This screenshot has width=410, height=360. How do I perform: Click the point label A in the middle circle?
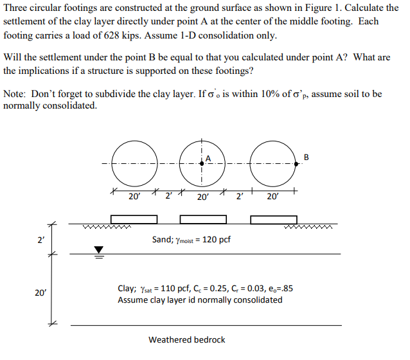click(x=208, y=159)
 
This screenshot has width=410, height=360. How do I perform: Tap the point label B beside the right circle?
click(x=306, y=156)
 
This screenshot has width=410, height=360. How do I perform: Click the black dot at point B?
click(x=296, y=164)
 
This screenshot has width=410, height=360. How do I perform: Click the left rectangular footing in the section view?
click(x=134, y=220)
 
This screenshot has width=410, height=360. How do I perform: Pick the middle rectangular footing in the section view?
click(x=203, y=220)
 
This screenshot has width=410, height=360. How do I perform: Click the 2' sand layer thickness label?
click(x=41, y=240)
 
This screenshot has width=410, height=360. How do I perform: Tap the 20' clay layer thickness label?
click(x=40, y=292)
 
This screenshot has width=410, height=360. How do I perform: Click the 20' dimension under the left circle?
click(x=134, y=197)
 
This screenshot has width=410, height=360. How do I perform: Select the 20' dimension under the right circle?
click(x=274, y=197)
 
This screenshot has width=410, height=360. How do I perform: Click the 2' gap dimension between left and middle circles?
click(x=169, y=197)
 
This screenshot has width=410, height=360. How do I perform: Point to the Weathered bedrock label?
click(x=187, y=339)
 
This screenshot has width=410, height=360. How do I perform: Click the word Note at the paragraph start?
click(x=14, y=94)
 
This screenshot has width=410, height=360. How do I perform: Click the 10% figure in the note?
click(x=271, y=94)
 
